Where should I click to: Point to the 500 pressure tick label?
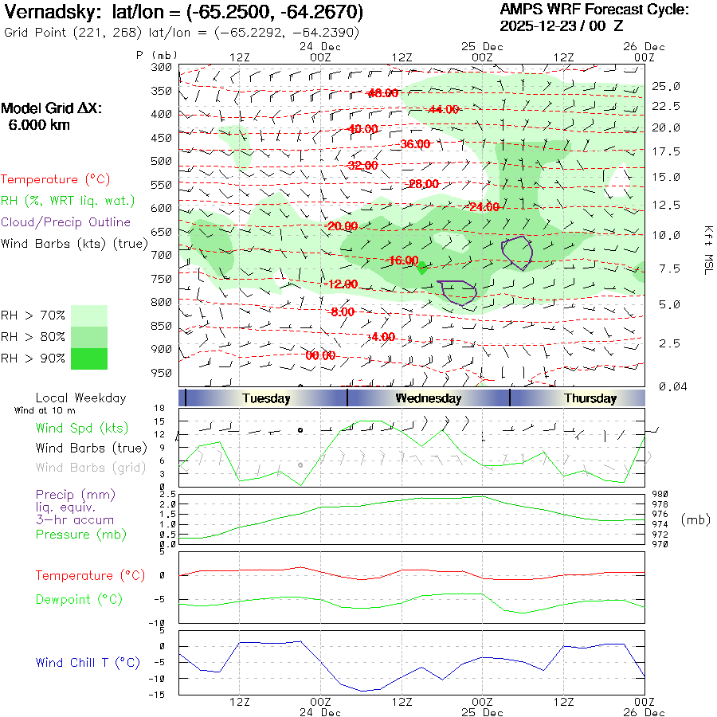coord(162,161)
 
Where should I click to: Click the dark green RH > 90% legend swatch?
coord(89,358)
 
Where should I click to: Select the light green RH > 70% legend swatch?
coord(89,315)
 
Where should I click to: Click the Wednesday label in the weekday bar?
coord(428,398)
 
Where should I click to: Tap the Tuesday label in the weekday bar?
coord(266,398)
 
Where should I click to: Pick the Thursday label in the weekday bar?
coord(590,398)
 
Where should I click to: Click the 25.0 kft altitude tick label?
coord(666,86)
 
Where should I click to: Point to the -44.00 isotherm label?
coord(443,109)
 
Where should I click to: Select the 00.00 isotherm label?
coord(320,356)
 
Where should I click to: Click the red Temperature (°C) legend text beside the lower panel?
coord(74,575)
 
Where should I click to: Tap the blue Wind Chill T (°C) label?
coord(88,662)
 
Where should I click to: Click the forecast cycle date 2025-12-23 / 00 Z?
coord(562,25)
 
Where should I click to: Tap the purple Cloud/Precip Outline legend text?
coord(66,222)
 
